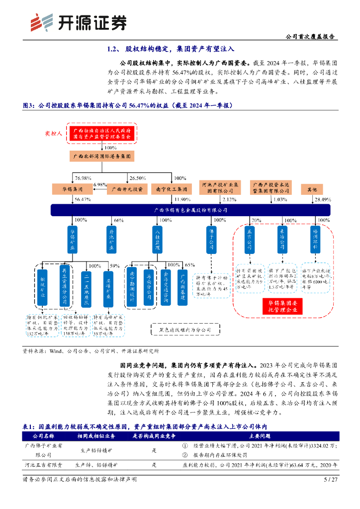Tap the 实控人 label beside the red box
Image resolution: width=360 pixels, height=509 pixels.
(x=53, y=133)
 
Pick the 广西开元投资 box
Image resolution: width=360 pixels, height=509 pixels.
(x=127, y=189)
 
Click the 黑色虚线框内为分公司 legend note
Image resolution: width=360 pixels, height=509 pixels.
(x=184, y=329)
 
